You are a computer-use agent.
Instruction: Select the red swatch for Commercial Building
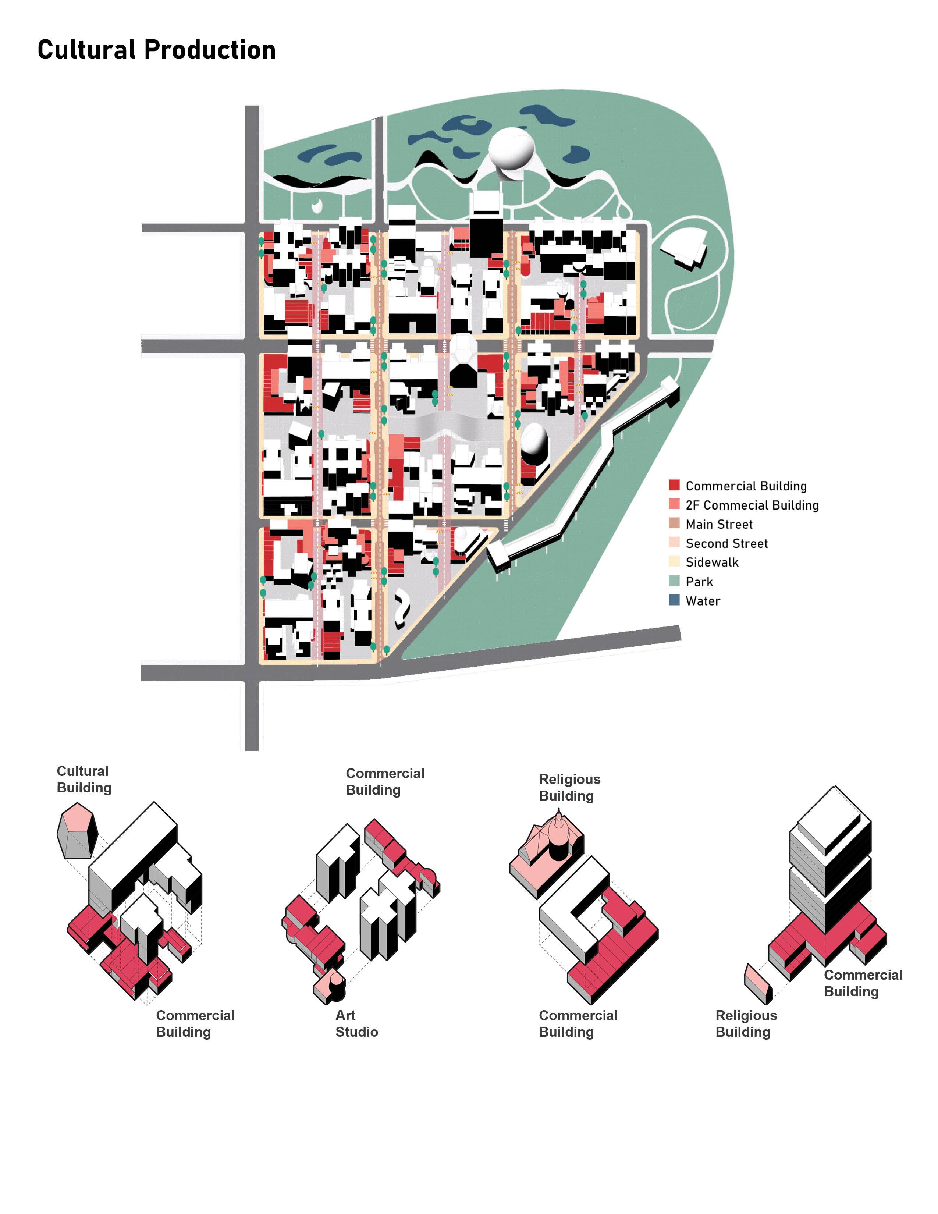coord(674,485)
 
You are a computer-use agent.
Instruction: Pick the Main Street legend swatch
coord(674,523)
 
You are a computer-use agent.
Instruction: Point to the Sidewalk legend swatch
coord(674,561)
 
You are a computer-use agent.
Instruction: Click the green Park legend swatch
coord(674,581)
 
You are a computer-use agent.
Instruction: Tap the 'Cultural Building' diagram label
coord(84,779)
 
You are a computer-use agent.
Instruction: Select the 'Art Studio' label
coord(356,1023)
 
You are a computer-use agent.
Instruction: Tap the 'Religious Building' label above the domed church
coord(569,787)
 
